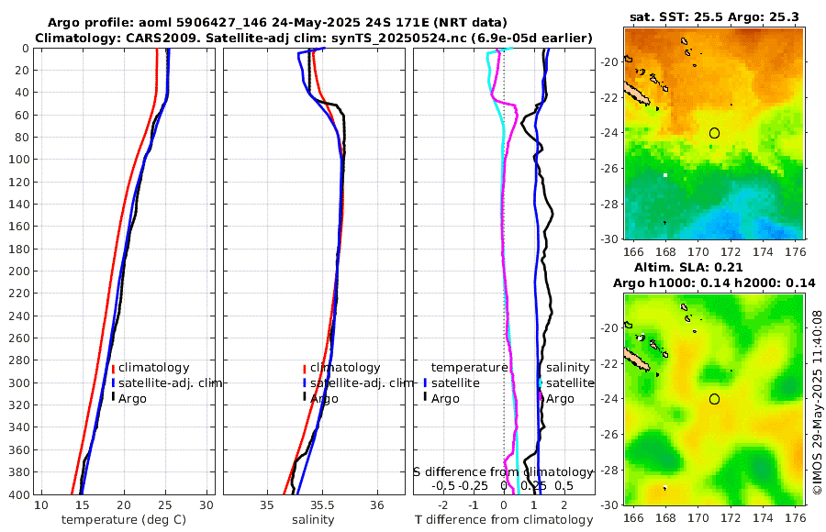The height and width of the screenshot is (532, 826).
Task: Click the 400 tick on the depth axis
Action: [x=17, y=494]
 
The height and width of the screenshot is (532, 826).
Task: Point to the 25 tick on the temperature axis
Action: [x=165, y=505]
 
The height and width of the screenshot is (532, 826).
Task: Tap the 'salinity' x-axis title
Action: [x=313, y=520]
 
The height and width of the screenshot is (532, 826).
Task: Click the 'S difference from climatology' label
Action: [x=504, y=471]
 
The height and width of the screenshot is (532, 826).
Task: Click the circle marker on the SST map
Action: [x=714, y=133]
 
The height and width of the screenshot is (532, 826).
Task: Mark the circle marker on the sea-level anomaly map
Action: [x=714, y=399]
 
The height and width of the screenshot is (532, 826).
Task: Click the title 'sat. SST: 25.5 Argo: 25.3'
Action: [x=714, y=17]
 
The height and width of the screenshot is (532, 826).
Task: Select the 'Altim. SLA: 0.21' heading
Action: [x=714, y=266]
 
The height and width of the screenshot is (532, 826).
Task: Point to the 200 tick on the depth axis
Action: [x=17, y=272]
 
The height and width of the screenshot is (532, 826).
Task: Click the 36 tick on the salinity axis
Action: [x=376, y=505]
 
